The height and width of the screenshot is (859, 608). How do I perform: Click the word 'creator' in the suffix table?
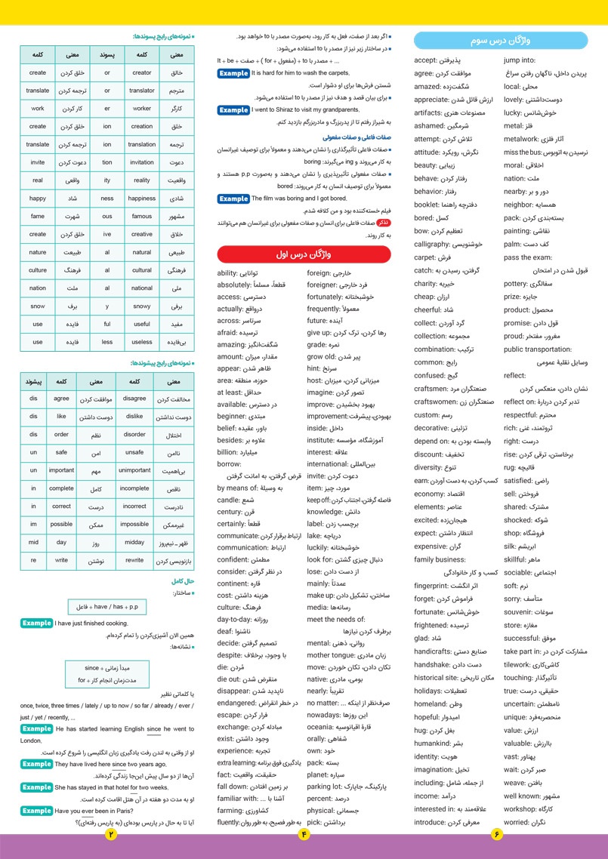(x=141, y=73)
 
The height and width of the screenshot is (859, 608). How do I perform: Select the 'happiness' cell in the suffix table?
(x=141, y=199)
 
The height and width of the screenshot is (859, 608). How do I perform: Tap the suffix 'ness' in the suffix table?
(x=106, y=199)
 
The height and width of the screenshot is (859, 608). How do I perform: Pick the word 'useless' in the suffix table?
(x=141, y=342)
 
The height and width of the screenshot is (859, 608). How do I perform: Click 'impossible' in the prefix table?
(x=134, y=524)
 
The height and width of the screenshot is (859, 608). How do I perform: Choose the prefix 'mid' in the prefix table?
(x=33, y=542)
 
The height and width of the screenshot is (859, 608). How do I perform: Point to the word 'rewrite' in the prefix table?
(x=134, y=561)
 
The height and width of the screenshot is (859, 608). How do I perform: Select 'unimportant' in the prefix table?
(x=134, y=470)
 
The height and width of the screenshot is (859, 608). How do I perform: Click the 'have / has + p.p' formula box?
(x=106, y=605)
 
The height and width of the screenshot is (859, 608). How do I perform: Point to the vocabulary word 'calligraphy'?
(x=432, y=244)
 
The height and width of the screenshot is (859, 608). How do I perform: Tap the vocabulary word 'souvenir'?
(x=523, y=590)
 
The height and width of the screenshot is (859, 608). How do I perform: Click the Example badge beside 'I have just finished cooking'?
(x=36, y=623)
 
